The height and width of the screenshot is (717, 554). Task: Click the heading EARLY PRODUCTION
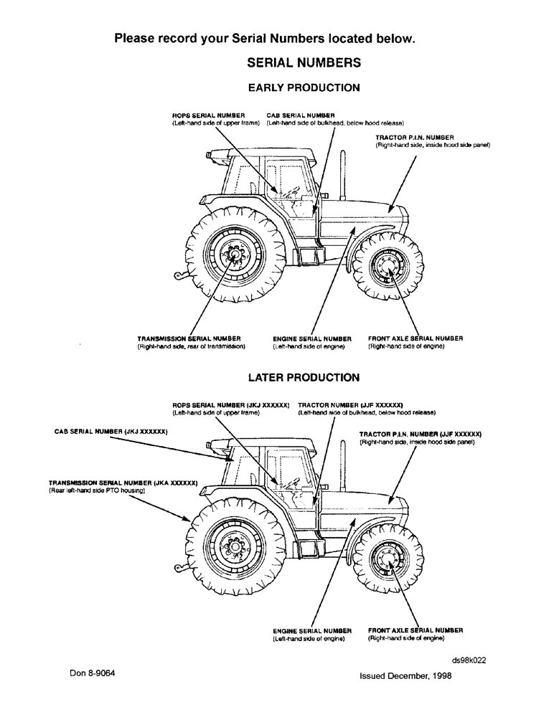(304, 88)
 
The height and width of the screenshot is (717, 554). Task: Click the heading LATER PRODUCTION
(304, 376)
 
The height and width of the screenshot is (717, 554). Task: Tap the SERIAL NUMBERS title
(304, 63)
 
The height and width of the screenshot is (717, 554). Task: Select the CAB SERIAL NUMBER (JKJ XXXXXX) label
(111, 432)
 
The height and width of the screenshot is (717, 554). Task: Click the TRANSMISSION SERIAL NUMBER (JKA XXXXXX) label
(123, 483)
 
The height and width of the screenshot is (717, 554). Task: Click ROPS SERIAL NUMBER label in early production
(208, 115)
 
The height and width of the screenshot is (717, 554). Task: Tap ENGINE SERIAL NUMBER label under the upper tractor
(312, 338)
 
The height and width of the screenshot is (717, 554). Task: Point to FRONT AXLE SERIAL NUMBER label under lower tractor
(415, 630)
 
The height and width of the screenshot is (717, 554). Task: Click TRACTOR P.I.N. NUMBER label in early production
(415, 137)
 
